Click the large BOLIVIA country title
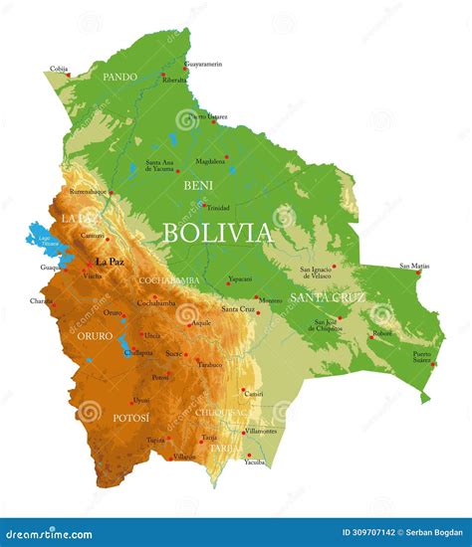pos(216,234)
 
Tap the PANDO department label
pos(120,76)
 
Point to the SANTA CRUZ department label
pos(328,296)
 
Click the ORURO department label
pos(95,336)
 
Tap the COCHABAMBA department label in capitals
pos(168,280)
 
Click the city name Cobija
pos(59,69)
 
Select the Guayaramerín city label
pos(203,64)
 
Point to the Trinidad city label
pos(218,208)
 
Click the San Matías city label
pos(415,266)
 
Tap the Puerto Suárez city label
pos(422,357)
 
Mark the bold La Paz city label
pos(109,262)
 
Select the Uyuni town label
pos(141,400)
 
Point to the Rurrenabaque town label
pos(88,191)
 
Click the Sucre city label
pos(173,353)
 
